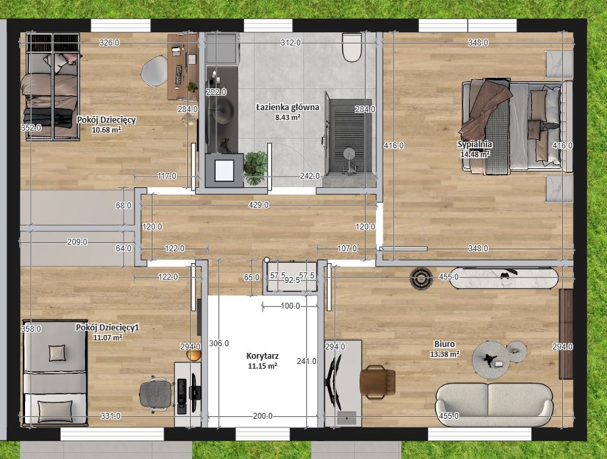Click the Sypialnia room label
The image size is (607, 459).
(x=474, y=144)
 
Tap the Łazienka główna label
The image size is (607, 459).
(x=288, y=107)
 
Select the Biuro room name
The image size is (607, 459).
(x=445, y=344)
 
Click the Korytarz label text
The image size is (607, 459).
(x=263, y=356)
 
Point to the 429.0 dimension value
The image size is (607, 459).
(x=259, y=204)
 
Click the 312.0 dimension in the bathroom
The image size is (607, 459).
(x=290, y=43)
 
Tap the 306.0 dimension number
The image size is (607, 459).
(x=219, y=344)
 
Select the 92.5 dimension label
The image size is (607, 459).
(x=292, y=280)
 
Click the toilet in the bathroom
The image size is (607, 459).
(x=352, y=47)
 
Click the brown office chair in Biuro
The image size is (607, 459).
(x=377, y=382)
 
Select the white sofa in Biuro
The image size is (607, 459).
(x=494, y=405)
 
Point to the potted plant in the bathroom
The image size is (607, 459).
(x=255, y=167)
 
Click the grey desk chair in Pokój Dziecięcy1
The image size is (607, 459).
(x=156, y=393)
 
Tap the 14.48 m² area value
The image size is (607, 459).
(x=474, y=154)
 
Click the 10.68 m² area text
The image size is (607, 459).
(x=106, y=130)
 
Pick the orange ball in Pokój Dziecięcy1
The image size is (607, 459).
(x=193, y=355)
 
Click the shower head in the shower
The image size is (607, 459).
(x=350, y=154)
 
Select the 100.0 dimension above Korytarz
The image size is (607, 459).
(x=290, y=306)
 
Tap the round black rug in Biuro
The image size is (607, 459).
(x=422, y=278)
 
